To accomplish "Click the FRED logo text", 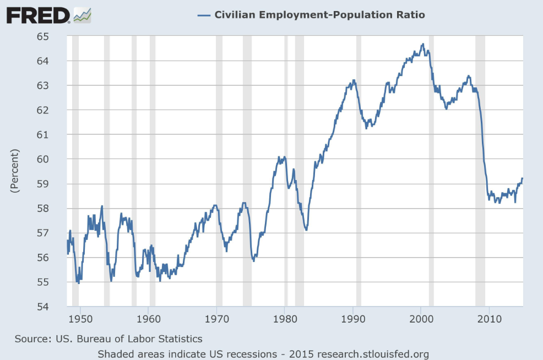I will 37,15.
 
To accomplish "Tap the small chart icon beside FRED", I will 82,15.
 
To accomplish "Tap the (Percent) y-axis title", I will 15,170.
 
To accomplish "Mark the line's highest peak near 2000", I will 422,45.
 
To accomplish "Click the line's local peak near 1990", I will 354,80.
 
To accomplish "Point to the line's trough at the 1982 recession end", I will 306,229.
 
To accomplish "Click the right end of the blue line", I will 522,178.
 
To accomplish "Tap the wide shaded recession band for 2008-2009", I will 480,165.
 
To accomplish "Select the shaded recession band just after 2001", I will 431,165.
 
